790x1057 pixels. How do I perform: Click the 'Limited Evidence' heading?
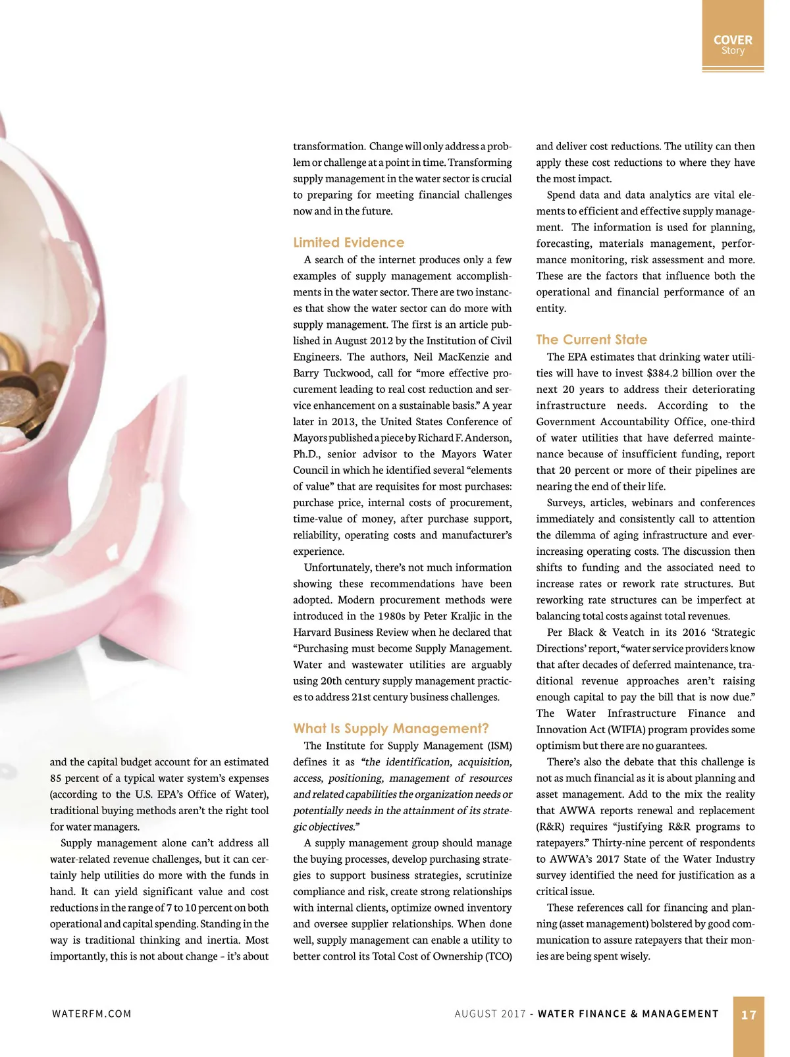(348, 242)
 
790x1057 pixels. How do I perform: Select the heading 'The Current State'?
(591, 340)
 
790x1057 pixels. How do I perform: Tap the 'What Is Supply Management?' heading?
(390, 729)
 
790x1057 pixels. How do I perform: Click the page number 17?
(749, 1015)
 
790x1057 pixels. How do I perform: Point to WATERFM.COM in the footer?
(92, 1014)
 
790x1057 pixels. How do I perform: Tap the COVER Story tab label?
(733, 45)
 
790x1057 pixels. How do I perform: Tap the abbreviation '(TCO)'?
(497, 956)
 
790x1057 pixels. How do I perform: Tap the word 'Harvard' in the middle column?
(313, 632)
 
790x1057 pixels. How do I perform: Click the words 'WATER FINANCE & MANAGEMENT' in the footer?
(628, 1014)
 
